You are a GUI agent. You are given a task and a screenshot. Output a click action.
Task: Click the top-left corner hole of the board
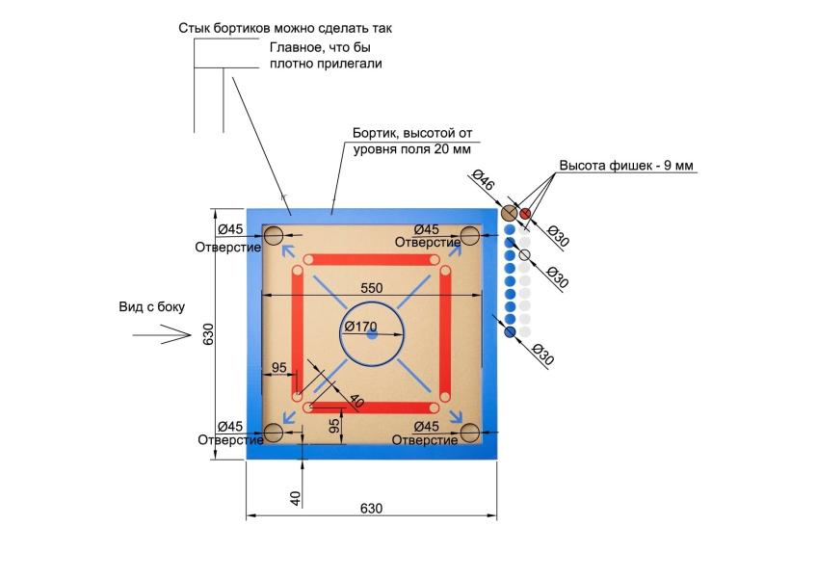[273, 234]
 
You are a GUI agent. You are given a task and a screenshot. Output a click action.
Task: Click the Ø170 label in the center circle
[360, 326]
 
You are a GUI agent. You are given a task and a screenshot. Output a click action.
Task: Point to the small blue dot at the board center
[372, 333]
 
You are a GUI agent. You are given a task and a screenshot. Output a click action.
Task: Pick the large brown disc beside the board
[511, 214]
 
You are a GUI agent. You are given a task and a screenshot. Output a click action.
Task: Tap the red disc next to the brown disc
[526, 214]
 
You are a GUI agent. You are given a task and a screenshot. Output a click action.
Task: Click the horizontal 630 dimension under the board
[371, 509]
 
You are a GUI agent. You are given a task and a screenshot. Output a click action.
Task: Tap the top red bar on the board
[372, 260]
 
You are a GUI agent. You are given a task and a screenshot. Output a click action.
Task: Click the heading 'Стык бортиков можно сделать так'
[285, 28]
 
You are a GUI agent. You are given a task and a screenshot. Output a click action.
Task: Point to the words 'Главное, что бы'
[314, 46]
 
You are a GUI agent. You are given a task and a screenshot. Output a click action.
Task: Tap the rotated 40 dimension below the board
[297, 497]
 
